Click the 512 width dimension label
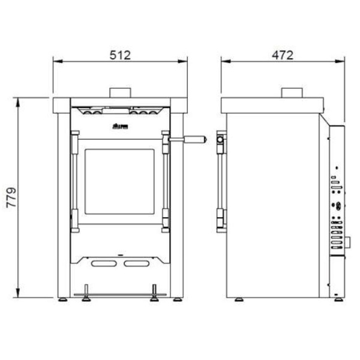click(x=120, y=55)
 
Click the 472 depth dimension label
click(x=282, y=55)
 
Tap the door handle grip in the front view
click(x=195, y=139)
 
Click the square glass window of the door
click(x=119, y=182)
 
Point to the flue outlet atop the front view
click(x=121, y=92)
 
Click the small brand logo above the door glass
click(x=119, y=127)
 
